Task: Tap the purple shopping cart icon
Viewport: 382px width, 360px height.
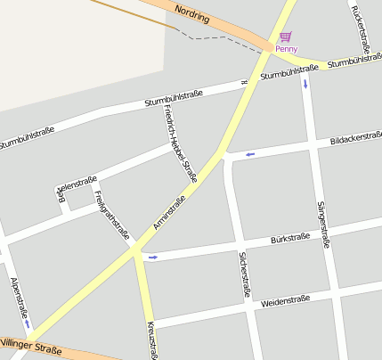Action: tap(285, 37)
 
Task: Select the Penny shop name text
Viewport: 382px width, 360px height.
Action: tap(287, 49)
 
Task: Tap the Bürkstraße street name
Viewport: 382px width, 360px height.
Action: tap(289, 239)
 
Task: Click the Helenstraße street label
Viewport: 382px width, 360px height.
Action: tap(77, 184)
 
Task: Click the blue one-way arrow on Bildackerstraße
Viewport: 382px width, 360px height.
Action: tap(250, 155)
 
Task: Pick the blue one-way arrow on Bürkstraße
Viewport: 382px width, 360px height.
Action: tap(153, 258)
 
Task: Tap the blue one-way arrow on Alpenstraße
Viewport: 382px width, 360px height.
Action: tap(27, 324)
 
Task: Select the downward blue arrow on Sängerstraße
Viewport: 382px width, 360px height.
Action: tap(306, 85)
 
